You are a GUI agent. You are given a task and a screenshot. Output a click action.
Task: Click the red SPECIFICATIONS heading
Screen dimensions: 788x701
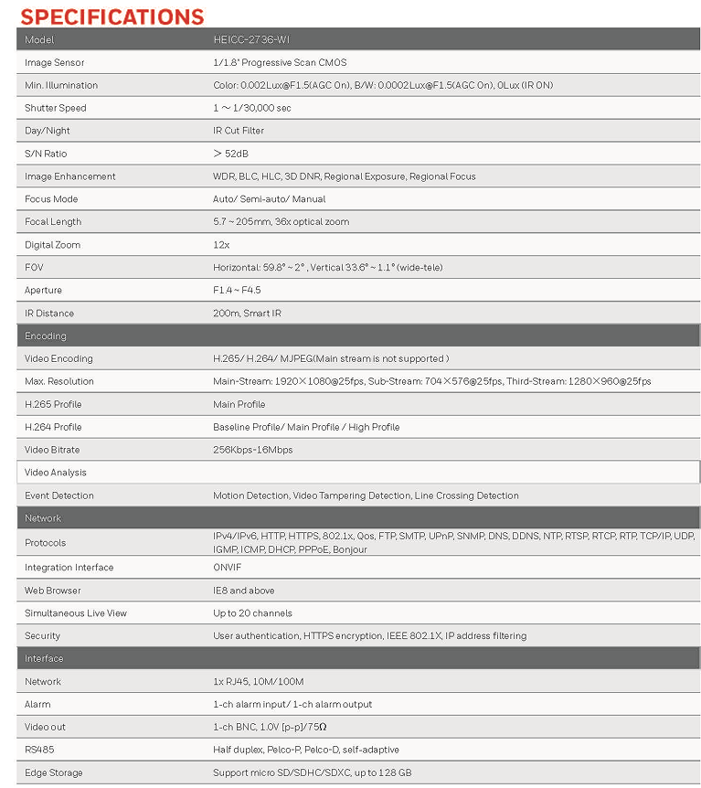112,16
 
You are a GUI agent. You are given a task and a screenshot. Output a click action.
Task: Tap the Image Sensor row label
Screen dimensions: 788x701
55,63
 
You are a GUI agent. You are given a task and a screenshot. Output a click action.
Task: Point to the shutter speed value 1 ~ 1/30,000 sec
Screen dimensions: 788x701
252,108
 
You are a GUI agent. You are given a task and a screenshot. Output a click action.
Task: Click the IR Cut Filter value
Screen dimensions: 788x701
239,131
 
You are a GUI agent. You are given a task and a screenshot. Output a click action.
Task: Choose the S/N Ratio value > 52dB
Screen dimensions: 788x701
230,154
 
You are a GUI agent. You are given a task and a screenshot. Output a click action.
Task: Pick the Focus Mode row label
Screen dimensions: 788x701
51,199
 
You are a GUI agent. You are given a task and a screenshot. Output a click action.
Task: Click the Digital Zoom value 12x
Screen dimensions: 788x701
221,245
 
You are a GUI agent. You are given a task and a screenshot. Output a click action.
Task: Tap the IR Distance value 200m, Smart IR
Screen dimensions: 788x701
247,313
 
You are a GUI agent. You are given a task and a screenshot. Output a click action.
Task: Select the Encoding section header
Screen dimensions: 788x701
46,335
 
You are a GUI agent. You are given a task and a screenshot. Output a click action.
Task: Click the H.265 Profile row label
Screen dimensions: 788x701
53,404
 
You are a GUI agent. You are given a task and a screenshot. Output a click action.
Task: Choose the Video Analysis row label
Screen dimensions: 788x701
56,473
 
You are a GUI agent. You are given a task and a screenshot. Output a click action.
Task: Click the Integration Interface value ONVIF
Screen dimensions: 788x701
228,568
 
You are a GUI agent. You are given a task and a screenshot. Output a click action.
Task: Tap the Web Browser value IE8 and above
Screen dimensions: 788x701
244,591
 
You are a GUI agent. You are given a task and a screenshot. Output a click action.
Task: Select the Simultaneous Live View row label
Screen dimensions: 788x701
76,613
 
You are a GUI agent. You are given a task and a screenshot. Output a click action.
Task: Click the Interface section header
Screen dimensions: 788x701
45,658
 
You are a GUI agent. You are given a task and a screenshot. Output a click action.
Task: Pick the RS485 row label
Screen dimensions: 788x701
39,750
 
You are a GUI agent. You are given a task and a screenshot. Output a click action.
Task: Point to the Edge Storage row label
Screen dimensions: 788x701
54,772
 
